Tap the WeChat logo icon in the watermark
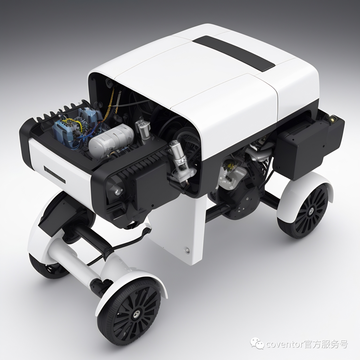pyautogui.click(x=257, y=343)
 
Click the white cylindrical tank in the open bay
pyautogui.click(x=111, y=139)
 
